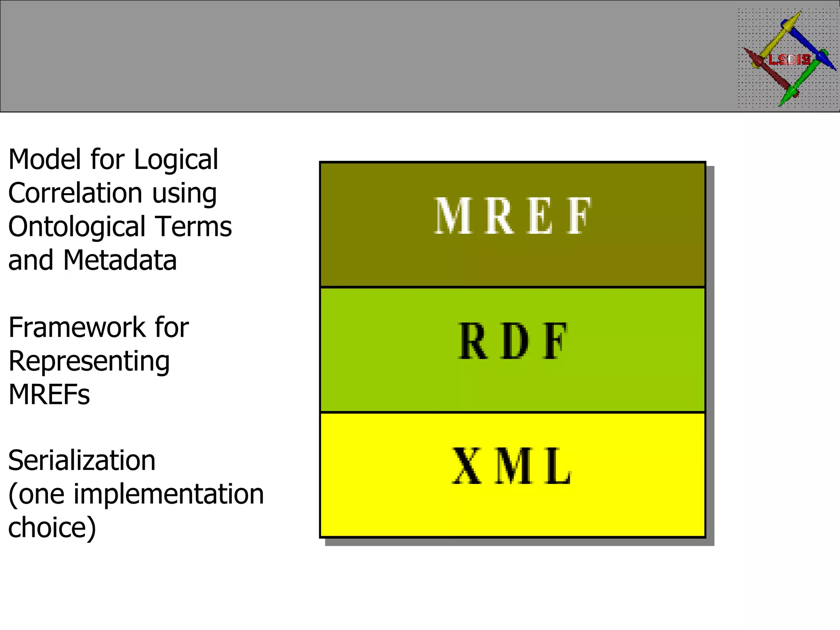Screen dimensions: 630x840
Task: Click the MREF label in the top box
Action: [x=513, y=216]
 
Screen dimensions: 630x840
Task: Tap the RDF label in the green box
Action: [x=513, y=341]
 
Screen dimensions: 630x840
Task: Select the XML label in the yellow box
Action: [x=512, y=466]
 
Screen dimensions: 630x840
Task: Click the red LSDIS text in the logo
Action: [x=790, y=60]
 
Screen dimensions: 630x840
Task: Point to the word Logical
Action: [x=176, y=160]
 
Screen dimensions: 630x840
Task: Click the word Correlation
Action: [x=75, y=193]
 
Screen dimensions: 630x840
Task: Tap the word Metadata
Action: [x=120, y=260]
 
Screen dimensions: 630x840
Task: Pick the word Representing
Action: [x=89, y=362]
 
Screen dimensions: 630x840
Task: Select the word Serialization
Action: [x=82, y=461]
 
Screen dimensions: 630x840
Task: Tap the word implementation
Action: [x=169, y=494]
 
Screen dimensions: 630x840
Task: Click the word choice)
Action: [x=52, y=528]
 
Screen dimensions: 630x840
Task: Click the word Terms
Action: [x=194, y=227]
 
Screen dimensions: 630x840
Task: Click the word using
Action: [x=184, y=194]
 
